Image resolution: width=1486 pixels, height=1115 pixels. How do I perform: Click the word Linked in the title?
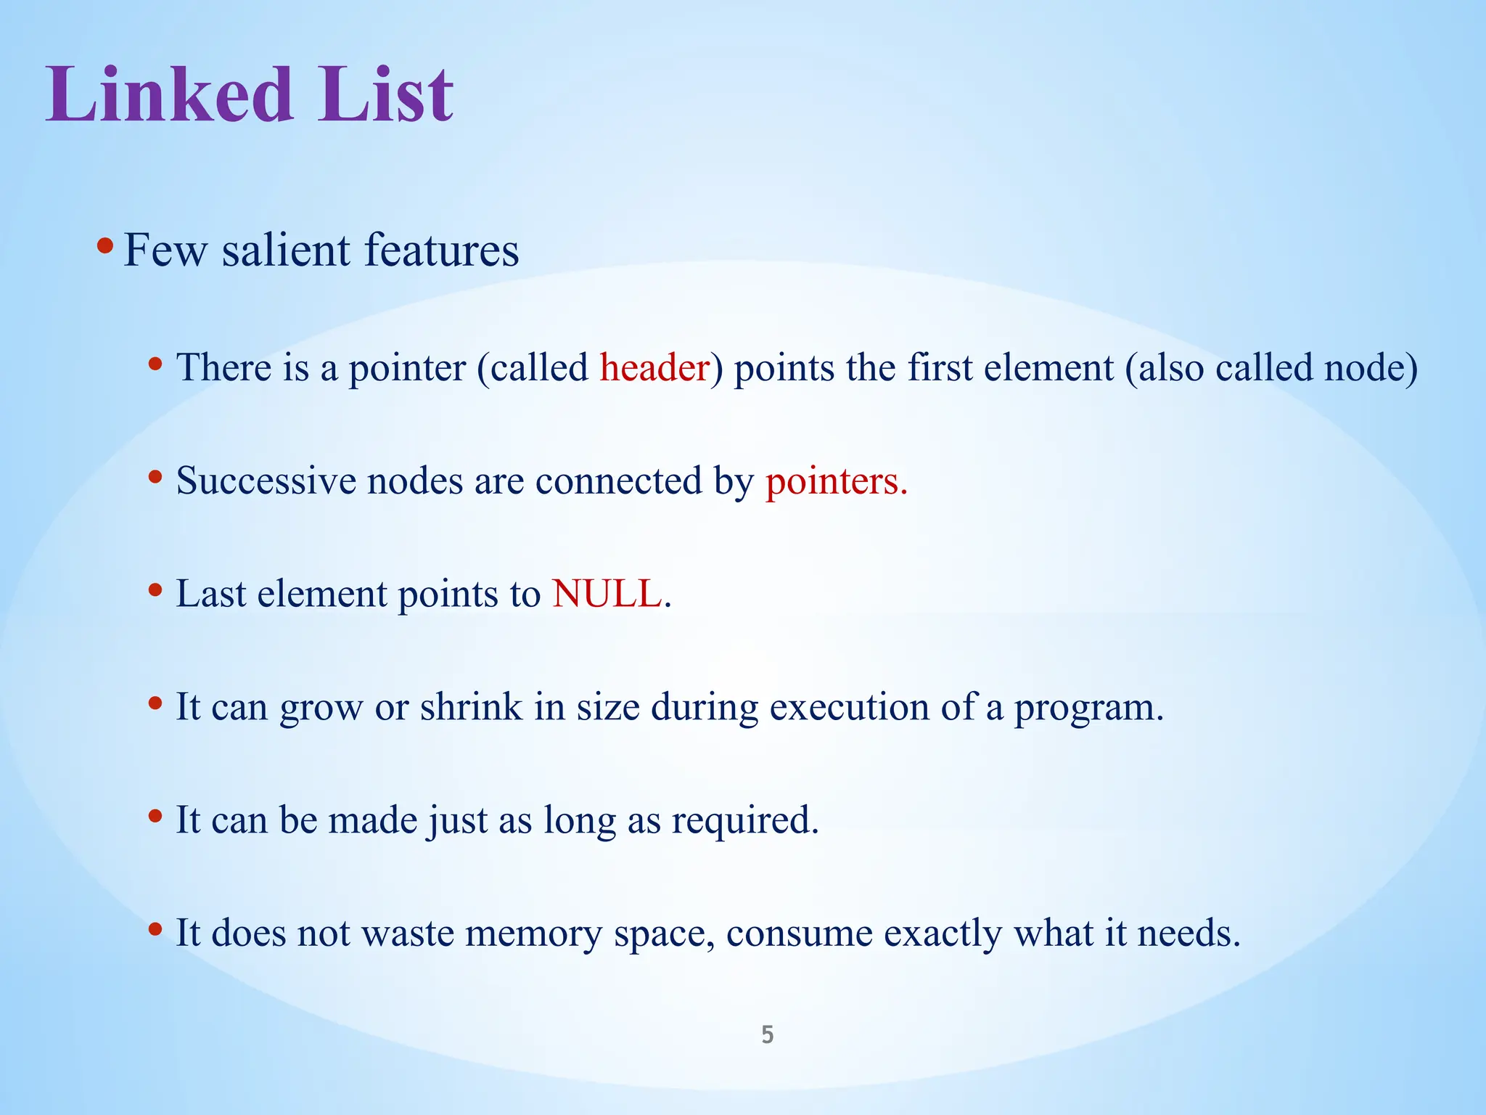pos(169,94)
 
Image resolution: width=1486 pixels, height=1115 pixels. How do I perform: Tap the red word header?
pos(654,367)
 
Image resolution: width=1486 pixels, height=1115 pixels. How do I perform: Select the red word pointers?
pos(835,481)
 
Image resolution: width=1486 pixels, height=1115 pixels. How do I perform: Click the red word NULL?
pos(607,594)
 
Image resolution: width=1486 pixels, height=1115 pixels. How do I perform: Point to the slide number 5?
pos(767,1034)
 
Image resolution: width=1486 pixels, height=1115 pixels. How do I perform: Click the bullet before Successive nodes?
pos(155,477)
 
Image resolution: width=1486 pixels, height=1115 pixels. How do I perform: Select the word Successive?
pos(266,481)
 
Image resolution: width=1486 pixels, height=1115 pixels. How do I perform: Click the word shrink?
pos(470,707)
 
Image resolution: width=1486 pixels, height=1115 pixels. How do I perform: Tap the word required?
pos(744,820)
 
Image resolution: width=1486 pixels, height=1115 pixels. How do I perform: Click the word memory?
pos(533,934)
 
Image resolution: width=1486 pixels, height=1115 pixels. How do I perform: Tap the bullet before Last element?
pos(155,590)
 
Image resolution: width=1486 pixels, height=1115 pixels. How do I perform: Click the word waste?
pos(408,934)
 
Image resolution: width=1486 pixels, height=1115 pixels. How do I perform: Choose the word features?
pos(441,250)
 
